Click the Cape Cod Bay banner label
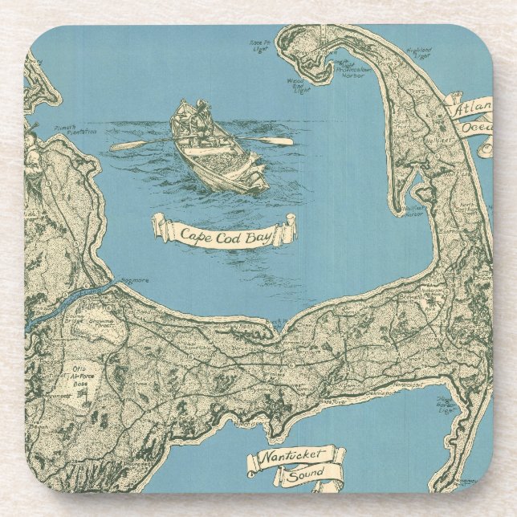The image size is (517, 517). click(224, 232)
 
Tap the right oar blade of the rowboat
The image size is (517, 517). click(280, 141)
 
